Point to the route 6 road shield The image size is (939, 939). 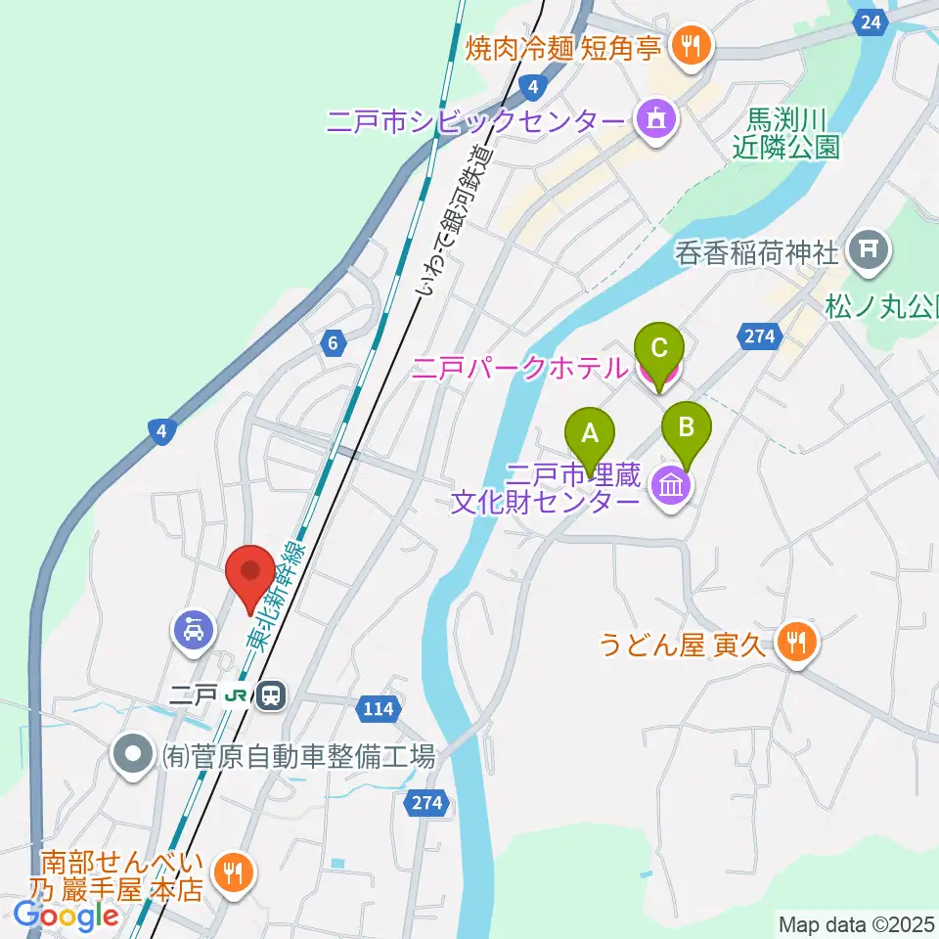pos(334,342)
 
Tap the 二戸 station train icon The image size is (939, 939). pos(270,696)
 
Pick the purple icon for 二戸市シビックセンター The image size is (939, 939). pos(656,120)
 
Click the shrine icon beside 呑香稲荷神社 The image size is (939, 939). pos(867,252)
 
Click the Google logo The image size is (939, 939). pos(67,916)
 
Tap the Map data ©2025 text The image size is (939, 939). pos(856,923)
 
